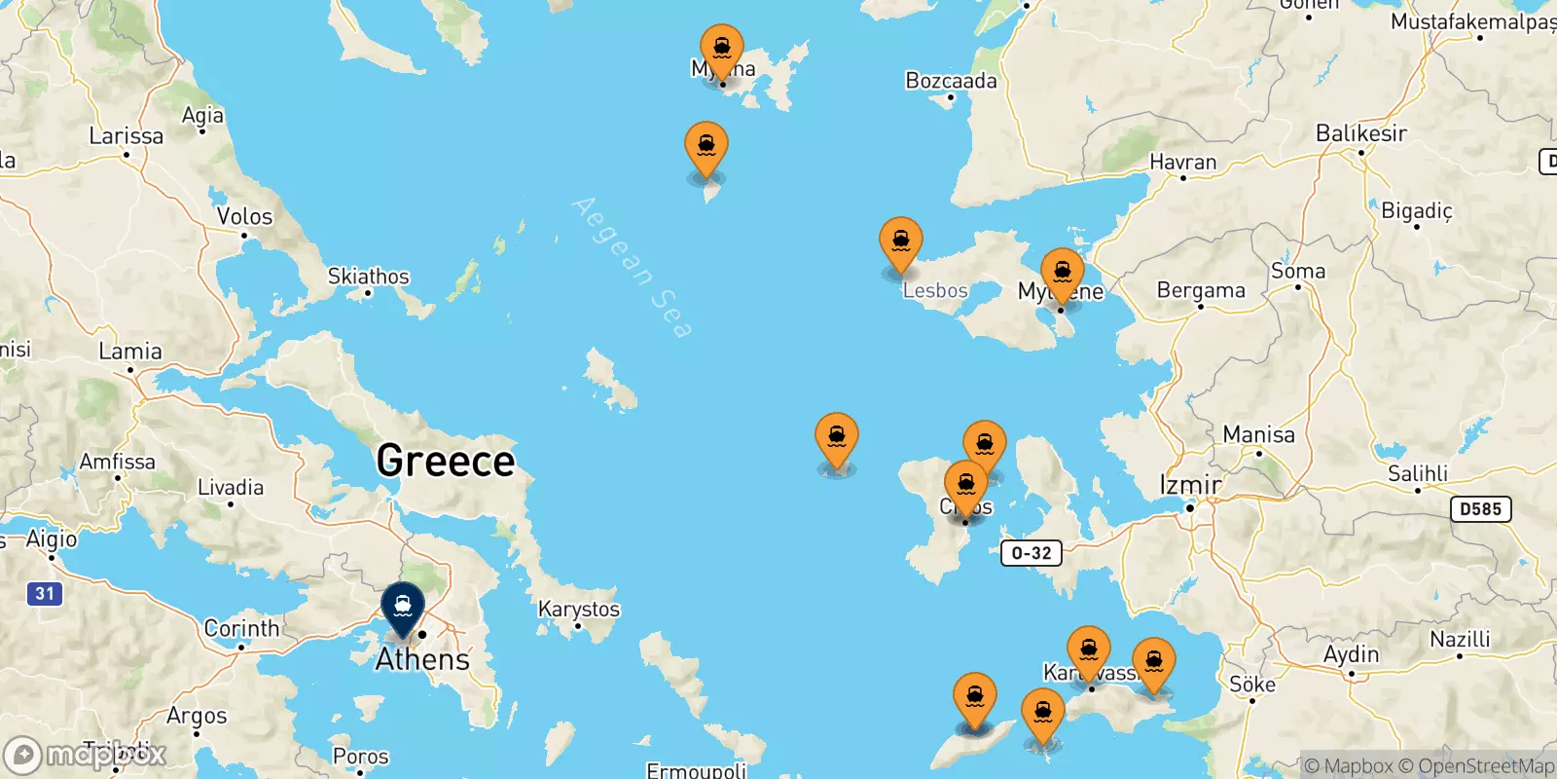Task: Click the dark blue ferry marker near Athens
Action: point(403,608)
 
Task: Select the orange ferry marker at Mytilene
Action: point(1063,274)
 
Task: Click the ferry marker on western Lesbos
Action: point(901,242)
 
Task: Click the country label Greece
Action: point(446,461)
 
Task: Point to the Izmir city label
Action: point(1189,484)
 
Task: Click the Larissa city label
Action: point(127,135)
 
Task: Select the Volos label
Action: point(244,216)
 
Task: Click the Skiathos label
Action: point(369,277)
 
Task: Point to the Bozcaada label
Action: point(951,81)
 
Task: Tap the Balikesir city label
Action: point(1360,133)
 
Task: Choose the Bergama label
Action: point(1201,290)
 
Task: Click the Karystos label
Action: point(579,609)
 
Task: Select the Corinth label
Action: point(241,628)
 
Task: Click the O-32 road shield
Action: point(1032,553)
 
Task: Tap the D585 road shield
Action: point(1480,508)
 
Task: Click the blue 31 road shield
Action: point(45,593)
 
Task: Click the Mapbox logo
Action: point(86,755)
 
